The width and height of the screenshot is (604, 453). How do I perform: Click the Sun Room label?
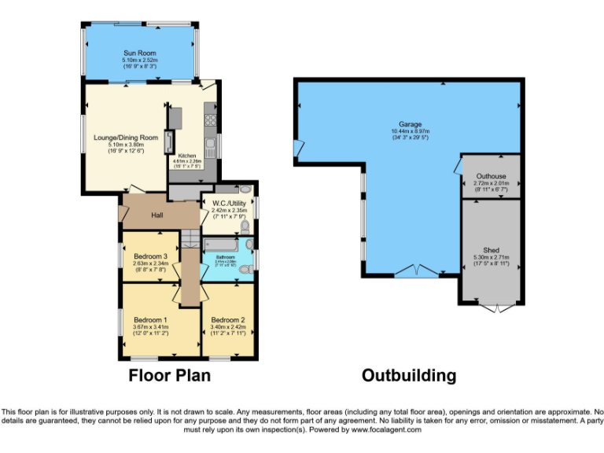pyautogui.click(x=140, y=53)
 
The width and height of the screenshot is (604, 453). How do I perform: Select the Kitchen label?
pyautogui.click(x=186, y=156)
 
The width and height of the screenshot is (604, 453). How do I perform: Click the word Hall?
pyautogui.click(x=157, y=215)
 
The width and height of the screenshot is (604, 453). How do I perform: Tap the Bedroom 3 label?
pyautogui.click(x=149, y=256)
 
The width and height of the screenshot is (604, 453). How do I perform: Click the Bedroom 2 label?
pyautogui.click(x=228, y=319)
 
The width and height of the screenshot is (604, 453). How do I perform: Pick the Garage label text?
pyautogui.click(x=410, y=124)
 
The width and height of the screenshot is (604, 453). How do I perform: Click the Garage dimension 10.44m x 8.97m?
pyautogui.click(x=410, y=131)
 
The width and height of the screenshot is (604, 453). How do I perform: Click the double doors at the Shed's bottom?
pyautogui.click(x=491, y=308)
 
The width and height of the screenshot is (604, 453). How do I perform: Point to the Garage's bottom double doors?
pyautogui.click(x=417, y=272)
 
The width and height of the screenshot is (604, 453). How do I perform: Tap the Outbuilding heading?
pyautogui.click(x=408, y=376)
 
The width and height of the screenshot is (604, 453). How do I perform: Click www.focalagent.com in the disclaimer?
pyautogui.click(x=386, y=430)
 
